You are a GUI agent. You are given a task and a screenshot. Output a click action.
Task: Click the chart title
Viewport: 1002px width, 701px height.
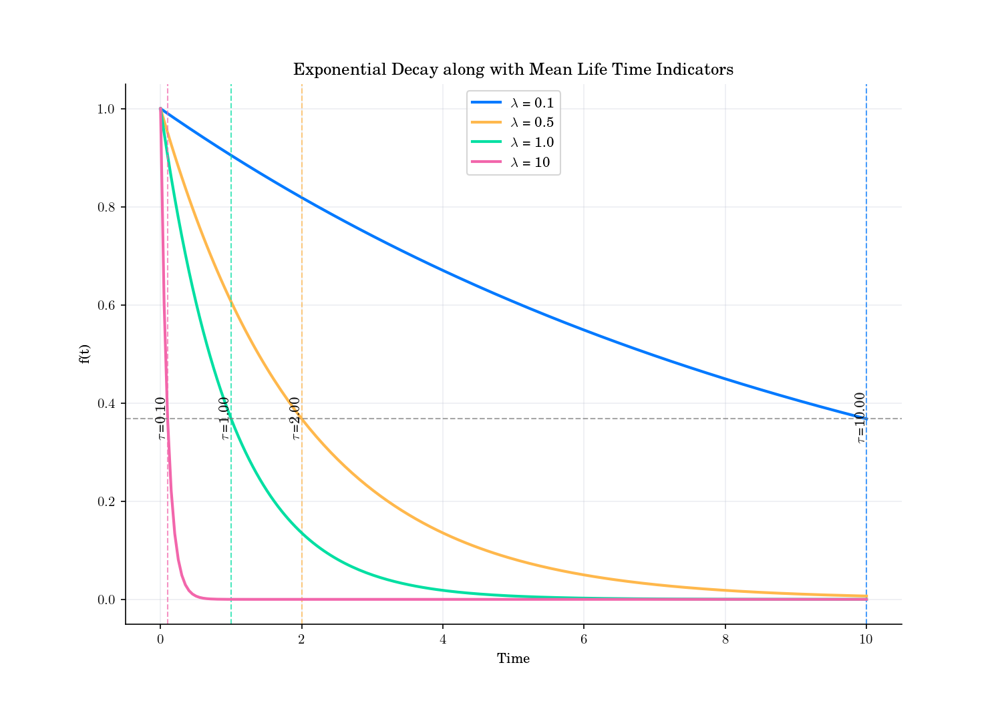pyautogui.click(x=513, y=69)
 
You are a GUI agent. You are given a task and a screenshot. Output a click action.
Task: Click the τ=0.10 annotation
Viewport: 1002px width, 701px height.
pyautogui.click(x=160, y=418)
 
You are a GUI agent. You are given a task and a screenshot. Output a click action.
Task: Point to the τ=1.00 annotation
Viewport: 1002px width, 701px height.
pyautogui.click(x=224, y=418)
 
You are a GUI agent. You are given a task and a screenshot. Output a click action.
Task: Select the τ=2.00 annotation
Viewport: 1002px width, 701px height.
pyautogui.click(x=295, y=418)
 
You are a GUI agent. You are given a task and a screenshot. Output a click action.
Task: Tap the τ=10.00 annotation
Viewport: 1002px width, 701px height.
pyautogui.click(x=860, y=418)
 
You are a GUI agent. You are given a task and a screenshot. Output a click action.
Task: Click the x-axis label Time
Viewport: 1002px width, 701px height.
pyautogui.click(x=513, y=659)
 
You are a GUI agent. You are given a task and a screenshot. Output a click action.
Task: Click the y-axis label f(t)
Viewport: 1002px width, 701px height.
pyautogui.click(x=84, y=354)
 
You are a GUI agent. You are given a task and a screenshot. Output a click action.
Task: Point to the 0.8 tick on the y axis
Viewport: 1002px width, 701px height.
pyautogui.click(x=107, y=207)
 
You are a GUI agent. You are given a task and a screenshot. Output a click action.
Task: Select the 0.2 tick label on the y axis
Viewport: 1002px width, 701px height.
pyautogui.click(x=107, y=501)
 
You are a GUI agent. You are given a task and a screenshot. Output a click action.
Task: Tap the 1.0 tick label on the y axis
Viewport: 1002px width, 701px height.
pyautogui.click(x=107, y=109)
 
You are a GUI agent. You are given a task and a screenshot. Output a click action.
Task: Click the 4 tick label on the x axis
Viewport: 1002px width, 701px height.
pyautogui.click(x=443, y=640)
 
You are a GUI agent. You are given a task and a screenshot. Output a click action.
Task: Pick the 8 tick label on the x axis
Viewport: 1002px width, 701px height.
pyautogui.click(x=725, y=640)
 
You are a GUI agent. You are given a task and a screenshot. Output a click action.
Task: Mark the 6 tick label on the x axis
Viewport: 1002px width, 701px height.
pyautogui.click(x=584, y=640)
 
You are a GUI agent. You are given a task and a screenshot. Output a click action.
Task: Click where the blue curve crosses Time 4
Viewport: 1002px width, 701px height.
pyautogui.click(x=443, y=270)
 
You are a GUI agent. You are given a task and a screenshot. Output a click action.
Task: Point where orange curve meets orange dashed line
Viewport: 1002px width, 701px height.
pyautogui.click(x=302, y=419)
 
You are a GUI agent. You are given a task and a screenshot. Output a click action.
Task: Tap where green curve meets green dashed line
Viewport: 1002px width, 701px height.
pyautogui.click(x=231, y=419)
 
